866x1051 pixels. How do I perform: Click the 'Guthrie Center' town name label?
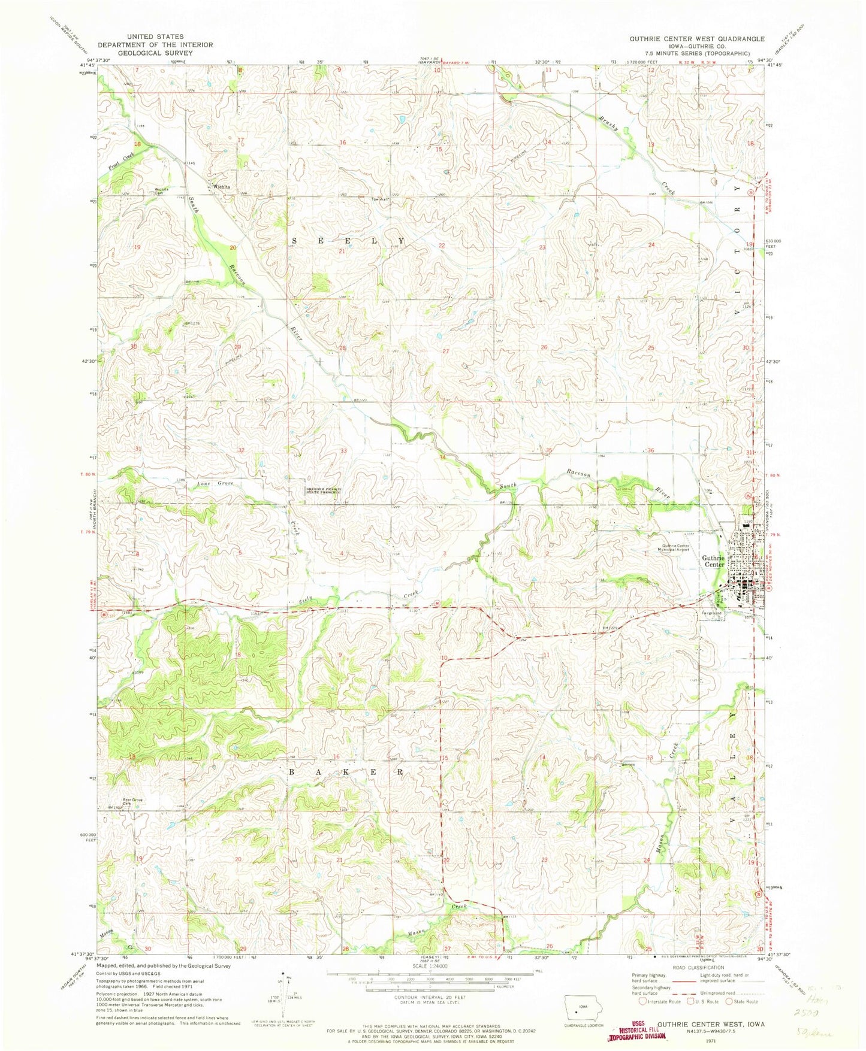(x=713, y=561)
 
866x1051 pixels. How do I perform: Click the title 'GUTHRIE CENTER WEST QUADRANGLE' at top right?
(x=696, y=38)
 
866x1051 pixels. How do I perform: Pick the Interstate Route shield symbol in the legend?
(x=643, y=1001)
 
